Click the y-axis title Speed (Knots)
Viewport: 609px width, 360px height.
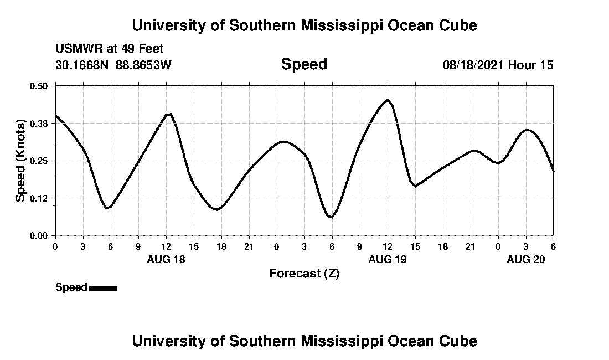coord(20,161)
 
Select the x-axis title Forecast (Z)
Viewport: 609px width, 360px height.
coord(304,274)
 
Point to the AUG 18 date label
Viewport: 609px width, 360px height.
coord(166,260)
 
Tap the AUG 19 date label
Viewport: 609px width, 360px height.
coord(388,260)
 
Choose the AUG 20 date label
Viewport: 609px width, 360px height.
coord(526,260)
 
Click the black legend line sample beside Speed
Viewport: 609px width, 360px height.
coord(103,288)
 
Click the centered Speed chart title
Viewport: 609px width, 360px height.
coord(304,64)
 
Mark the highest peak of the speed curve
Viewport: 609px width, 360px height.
coord(388,100)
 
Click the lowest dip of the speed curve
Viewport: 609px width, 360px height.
coord(331,217)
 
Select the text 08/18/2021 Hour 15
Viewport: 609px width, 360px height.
coord(498,65)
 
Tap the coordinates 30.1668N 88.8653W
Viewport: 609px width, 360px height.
coord(113,65)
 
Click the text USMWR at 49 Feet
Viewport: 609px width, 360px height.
coord(110,49)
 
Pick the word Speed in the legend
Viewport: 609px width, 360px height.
coord(71,287)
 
